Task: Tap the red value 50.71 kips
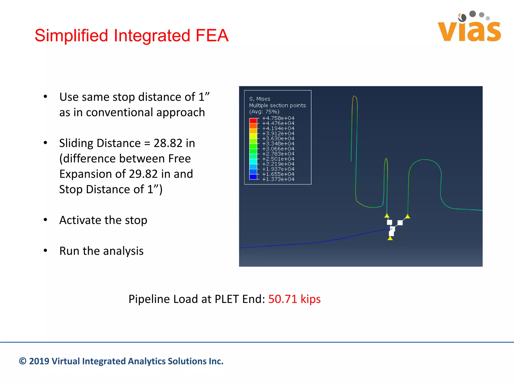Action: point(294,299)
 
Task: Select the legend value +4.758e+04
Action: point(278,118)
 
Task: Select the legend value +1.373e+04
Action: point(278,179)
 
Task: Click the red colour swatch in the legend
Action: point(253,121)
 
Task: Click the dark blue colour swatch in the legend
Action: point(253,177)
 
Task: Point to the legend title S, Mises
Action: point(260,99)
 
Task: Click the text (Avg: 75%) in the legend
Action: point(264,112)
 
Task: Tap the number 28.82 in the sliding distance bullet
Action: point(168,143)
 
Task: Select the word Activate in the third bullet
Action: point(80,220)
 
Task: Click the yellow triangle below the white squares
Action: point(390,238)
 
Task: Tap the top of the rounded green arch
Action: point(425,160)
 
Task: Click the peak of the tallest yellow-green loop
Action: point(354,96)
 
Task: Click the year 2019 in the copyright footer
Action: point(39,361)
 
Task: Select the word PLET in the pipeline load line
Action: point(227,299)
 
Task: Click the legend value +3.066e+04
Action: point(278,149)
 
